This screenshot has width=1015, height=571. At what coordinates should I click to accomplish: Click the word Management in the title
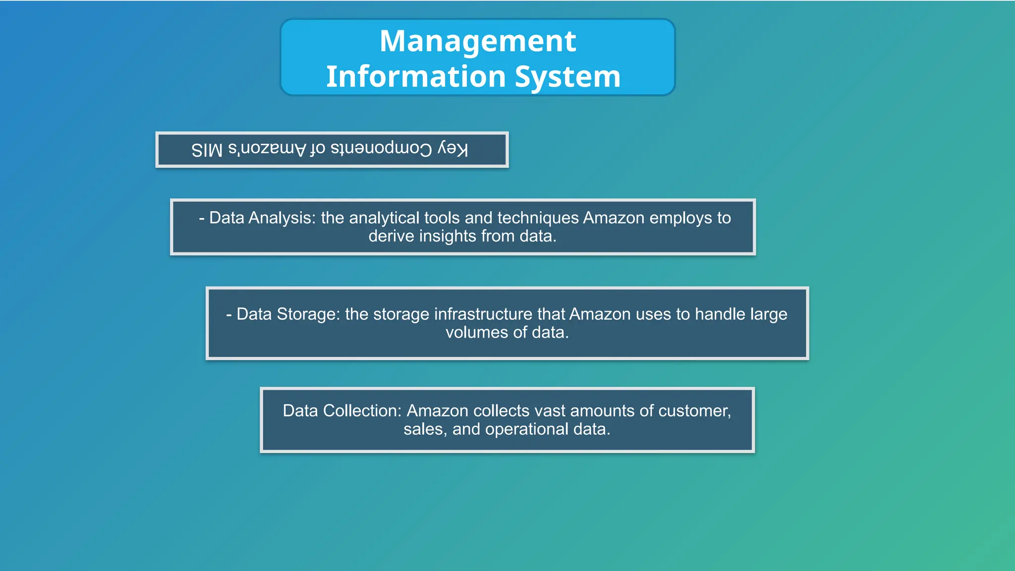(478, 42)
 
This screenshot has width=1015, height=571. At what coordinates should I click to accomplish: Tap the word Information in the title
(415, 77)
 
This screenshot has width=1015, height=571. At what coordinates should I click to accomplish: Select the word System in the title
(567, 77)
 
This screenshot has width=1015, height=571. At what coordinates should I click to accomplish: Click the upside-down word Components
(381, 149)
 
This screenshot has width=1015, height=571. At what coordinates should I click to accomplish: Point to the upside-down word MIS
(207, 150)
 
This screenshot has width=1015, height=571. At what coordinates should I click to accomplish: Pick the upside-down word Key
(452, 149)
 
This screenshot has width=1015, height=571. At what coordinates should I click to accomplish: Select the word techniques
(538, 218)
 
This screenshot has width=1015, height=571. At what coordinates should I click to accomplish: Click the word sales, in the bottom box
(425, 429)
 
